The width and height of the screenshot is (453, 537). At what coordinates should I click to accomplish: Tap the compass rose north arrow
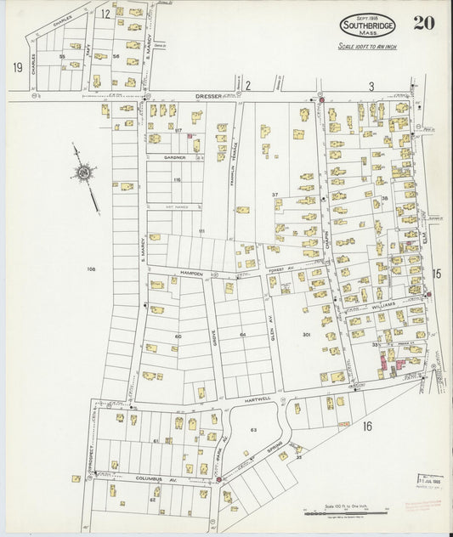coord(83,172)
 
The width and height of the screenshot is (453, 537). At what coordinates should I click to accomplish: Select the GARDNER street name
coord(173,158)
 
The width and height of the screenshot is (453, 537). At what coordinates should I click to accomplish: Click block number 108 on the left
coord(91,268)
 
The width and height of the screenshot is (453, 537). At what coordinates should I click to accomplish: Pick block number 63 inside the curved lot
coord(252,430)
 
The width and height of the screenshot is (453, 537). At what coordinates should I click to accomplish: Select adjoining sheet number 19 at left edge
coord(16,65)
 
